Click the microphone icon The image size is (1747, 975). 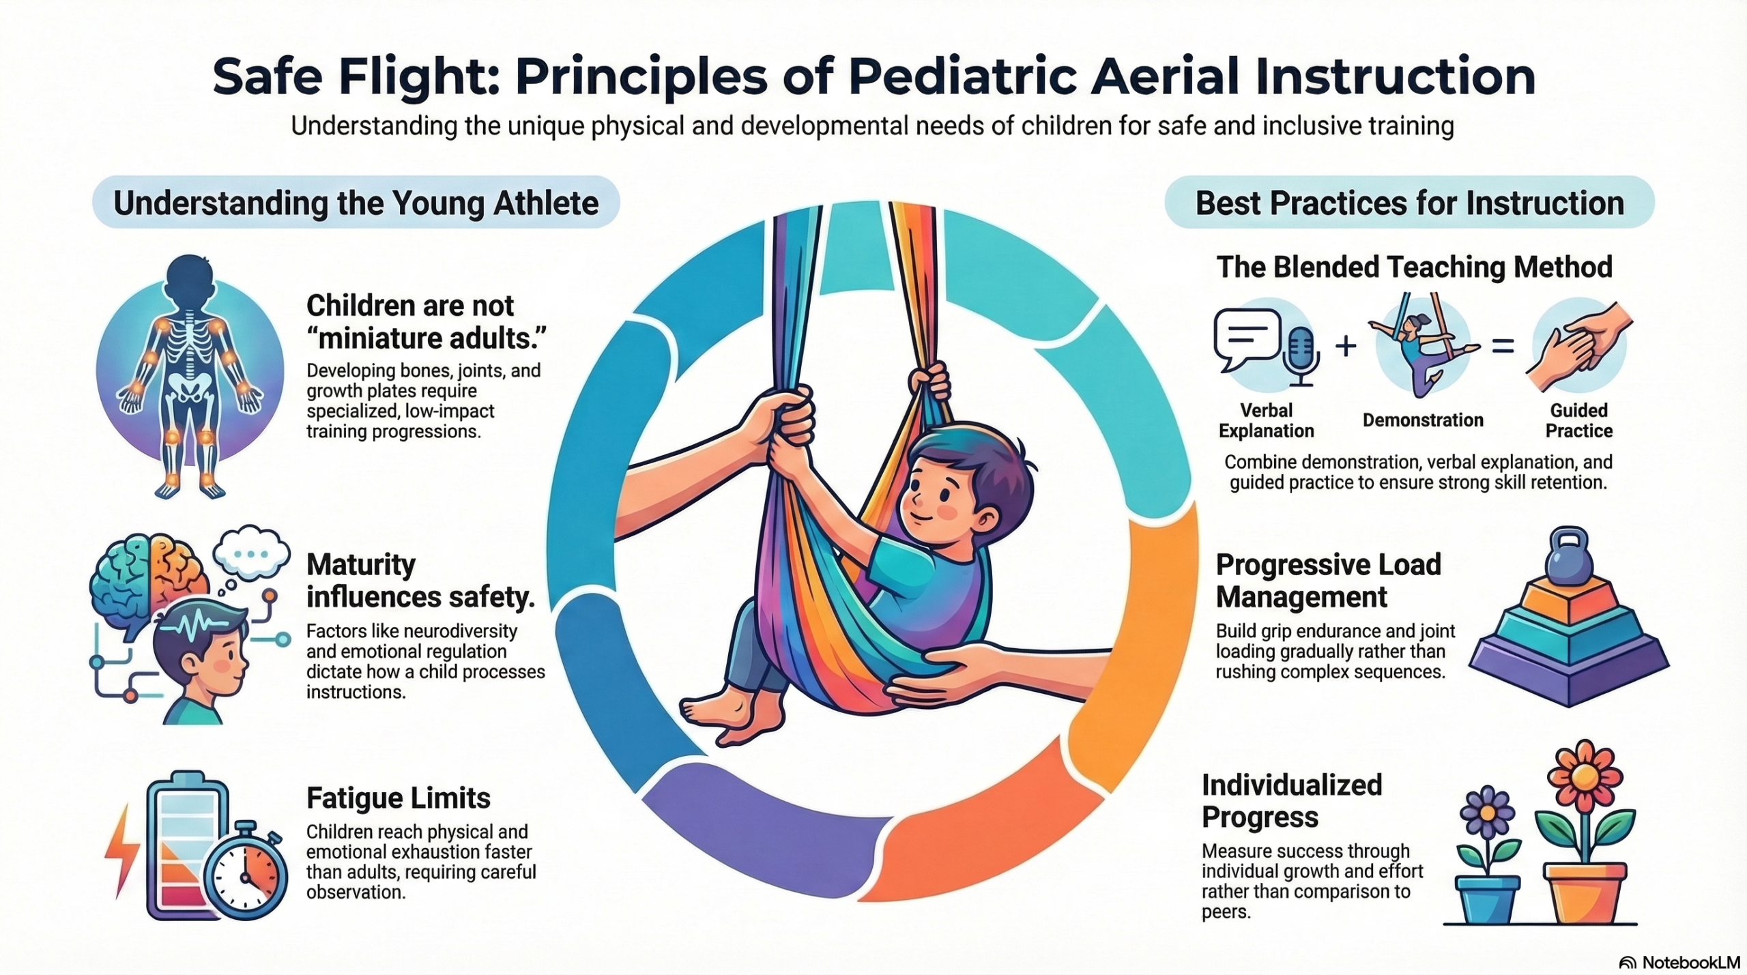coord(1302,355)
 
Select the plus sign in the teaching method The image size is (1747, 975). coord(1346,346)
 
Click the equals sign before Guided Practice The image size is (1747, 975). coord(1503,347)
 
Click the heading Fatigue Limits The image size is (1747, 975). coord(398,798)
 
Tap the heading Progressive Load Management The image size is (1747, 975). coord(1328,581)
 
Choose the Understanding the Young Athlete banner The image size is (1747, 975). coord(356,202)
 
